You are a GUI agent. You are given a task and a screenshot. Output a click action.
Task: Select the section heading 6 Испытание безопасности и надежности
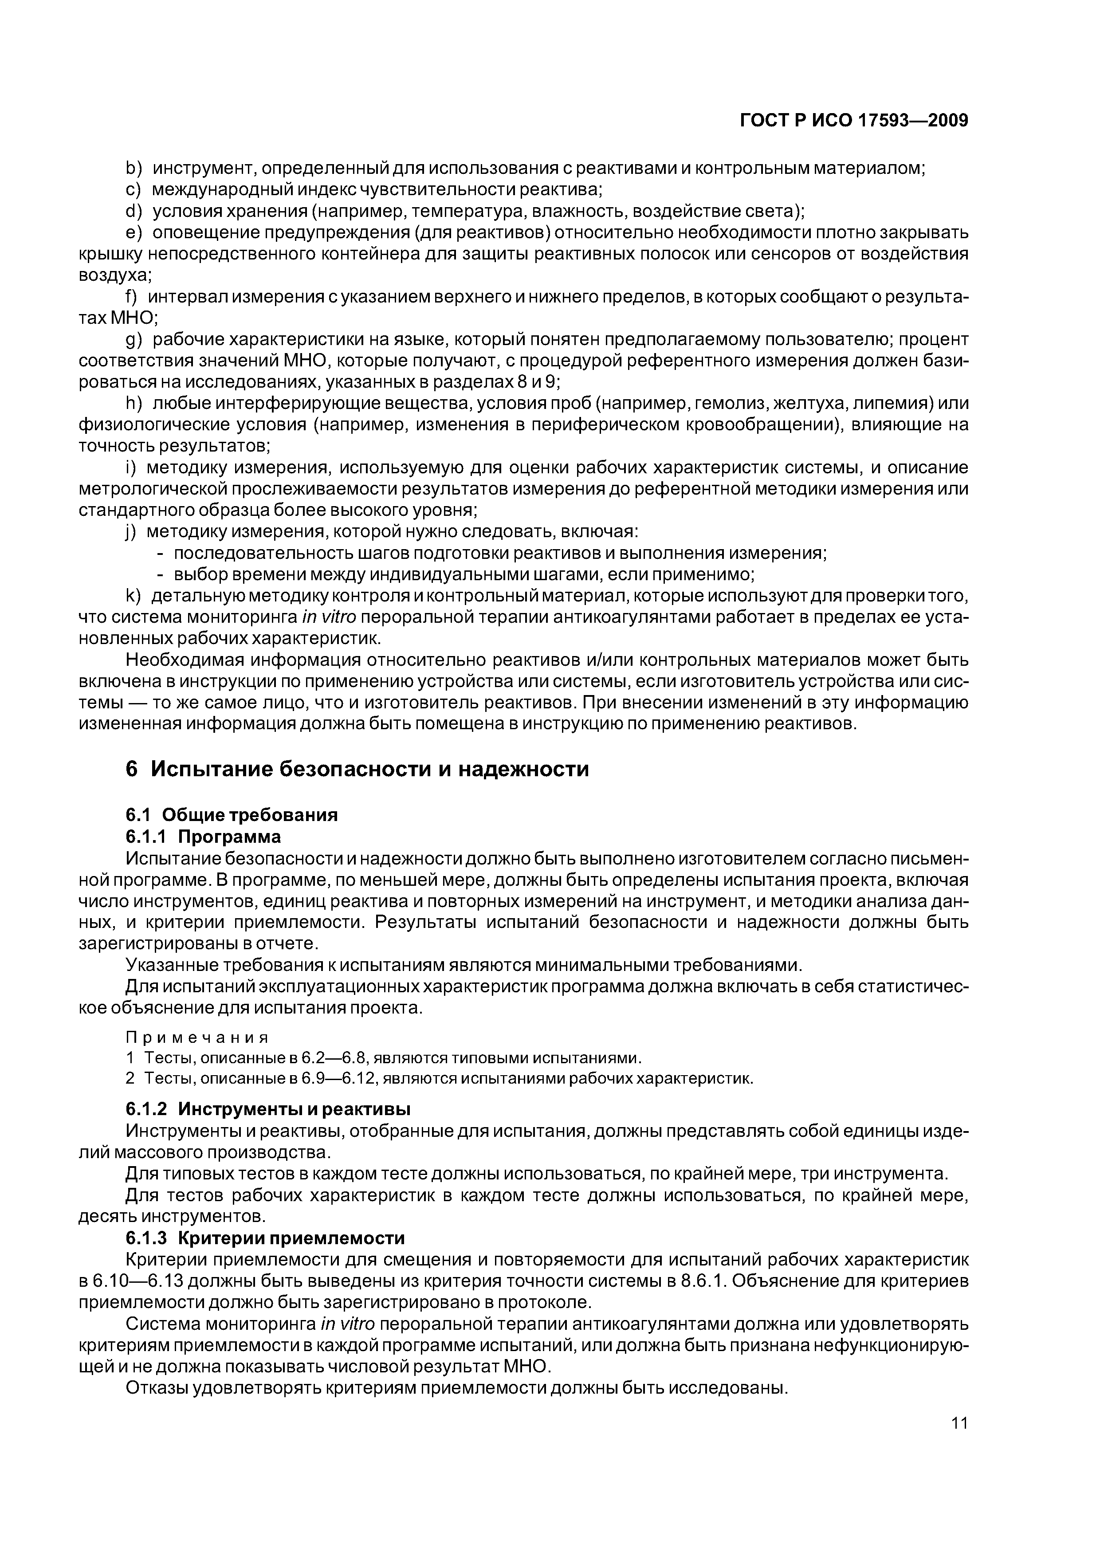[357, 769]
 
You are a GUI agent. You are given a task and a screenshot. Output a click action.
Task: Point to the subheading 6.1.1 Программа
[203, 836]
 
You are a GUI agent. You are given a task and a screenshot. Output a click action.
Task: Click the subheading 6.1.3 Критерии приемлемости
[264, 1238]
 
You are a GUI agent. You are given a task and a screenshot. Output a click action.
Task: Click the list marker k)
[132, 597]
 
